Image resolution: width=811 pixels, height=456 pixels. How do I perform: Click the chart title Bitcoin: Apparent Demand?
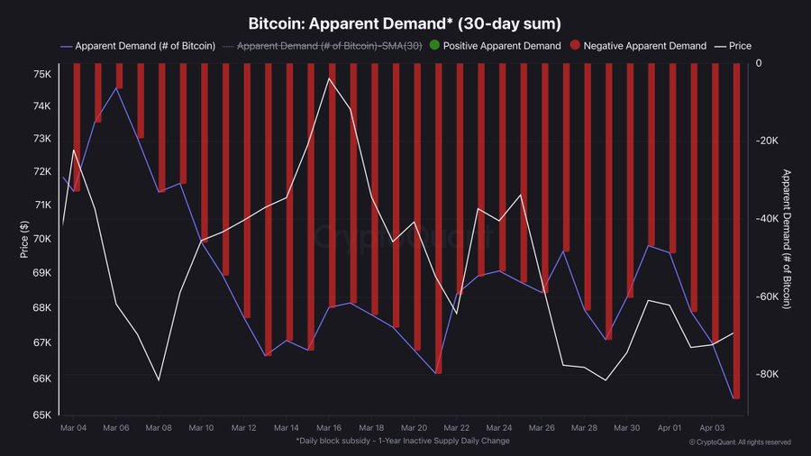(x=405, y=23)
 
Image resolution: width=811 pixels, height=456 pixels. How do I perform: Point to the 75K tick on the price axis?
(x=42, y=74)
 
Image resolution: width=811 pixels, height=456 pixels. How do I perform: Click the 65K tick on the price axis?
(x=42, y=415)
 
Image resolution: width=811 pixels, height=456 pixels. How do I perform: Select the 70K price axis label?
(x=42, y=239)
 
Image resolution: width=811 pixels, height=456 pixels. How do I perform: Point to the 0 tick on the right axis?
(x=759, y=63)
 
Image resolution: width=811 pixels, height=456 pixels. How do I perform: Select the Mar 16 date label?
(x=329, y=427)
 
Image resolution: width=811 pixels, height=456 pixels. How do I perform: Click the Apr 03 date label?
(x=714, y=427)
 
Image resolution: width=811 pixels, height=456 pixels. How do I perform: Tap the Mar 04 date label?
(x=72, y=427)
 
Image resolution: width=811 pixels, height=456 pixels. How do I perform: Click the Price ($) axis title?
(x=24, y=239)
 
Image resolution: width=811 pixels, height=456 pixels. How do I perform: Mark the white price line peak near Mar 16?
(x=329, y=78)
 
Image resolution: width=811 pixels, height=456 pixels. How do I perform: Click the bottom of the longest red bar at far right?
(x=736, y=397)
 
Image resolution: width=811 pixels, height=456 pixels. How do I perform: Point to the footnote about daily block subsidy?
(x=402, y=441)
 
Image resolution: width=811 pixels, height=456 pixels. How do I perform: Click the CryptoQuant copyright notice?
(x=740, y=442)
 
